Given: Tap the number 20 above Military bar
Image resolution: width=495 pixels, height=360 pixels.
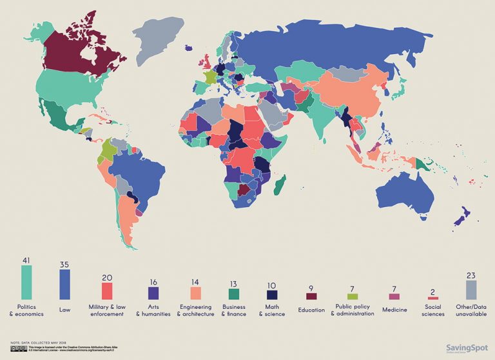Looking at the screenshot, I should point(107,276).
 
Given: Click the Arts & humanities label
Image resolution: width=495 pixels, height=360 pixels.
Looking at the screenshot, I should point(153,310).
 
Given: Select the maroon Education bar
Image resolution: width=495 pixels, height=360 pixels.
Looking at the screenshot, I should point(311,296).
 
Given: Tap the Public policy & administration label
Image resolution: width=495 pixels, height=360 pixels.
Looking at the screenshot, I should point(352,310).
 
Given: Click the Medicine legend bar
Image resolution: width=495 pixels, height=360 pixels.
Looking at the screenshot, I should point(394,296).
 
